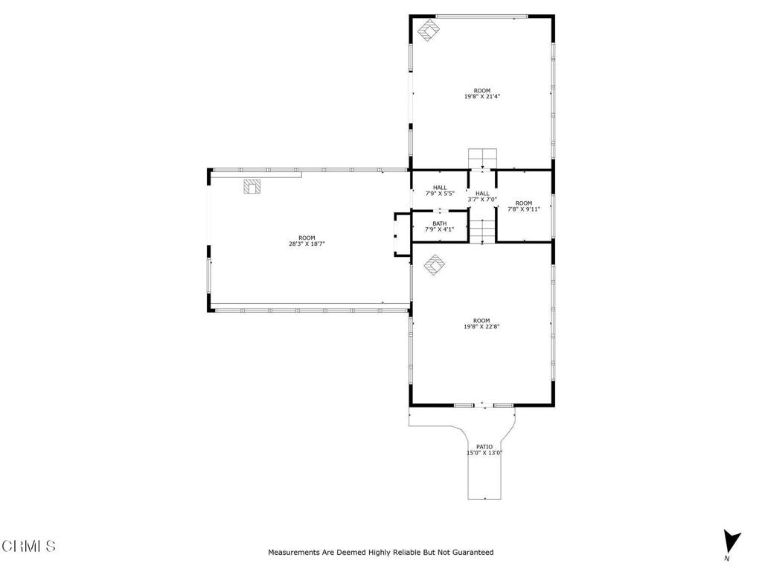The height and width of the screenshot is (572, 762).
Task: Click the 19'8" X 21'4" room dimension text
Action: pyautogui.click(x=482, y=96)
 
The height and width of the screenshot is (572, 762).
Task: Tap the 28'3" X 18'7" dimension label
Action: pyautogui.click(x=307, y=244)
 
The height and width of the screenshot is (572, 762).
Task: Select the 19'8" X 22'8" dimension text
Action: pyautogui.click(x=482, y=326)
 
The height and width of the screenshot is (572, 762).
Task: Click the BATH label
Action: pyautogui.click(x=439, y=223)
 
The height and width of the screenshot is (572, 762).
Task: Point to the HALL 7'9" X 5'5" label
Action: pyautogui.click(x=439, y=190)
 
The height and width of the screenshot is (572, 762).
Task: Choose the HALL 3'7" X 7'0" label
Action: pyautogui.click(x=482, y=196)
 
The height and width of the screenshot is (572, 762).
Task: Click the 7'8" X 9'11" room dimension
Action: pyautogui.click(x=524, y=209)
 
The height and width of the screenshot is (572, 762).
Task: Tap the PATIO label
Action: pyautogui.click(x=484, y=447)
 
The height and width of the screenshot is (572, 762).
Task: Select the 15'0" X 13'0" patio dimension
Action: pyautogui.click(x=484, y=453)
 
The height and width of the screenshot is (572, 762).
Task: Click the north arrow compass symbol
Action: pyautogui.click(x=731, y=541)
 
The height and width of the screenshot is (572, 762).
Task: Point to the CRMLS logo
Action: pyautogui.click(x=28, y=546)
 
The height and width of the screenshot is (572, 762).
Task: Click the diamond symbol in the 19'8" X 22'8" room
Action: pyautogui.click(x=435, y=264)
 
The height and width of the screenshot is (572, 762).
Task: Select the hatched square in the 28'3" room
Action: pyautogui.click(x=253, y=186)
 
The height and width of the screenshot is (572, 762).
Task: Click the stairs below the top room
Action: pyautogui.click(x=482, y=159)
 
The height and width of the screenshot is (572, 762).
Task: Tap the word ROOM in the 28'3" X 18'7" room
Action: pyautogui.click(x=307, y=238)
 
